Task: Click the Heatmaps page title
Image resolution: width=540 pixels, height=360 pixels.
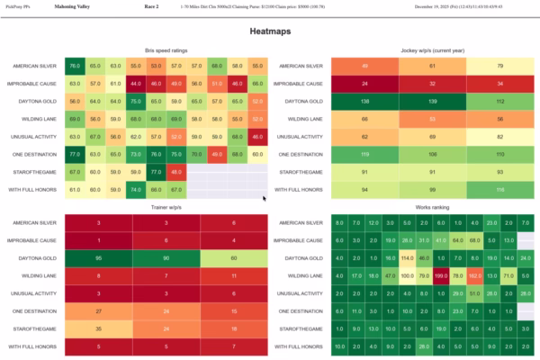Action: tap(269, 32)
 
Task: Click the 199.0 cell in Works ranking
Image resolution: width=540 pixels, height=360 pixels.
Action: tap(441, 275)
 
